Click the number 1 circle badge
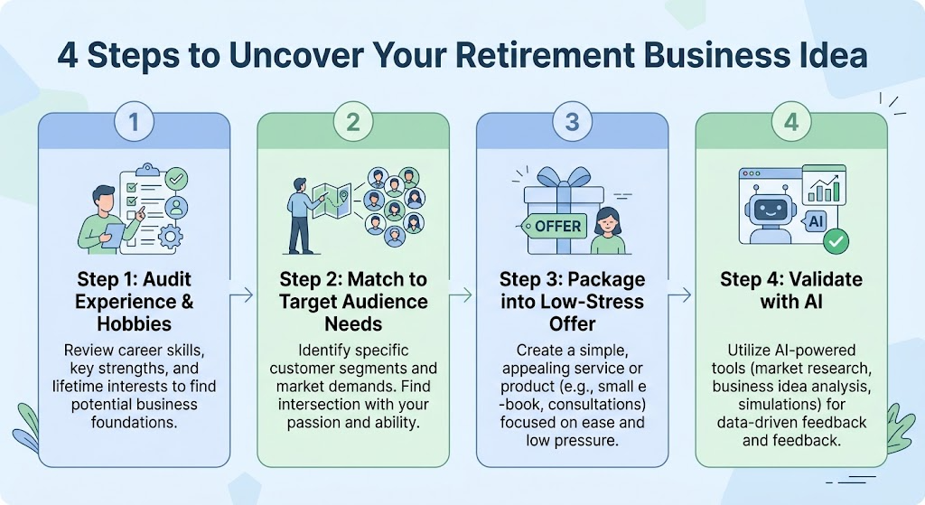coord(134,122)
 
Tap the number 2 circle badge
coord(353,122)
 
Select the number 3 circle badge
coord(572,122)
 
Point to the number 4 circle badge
coord(791,122)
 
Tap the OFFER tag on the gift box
coord(554,226)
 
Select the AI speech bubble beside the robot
coord(815,222)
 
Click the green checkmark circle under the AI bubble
coord(836,241)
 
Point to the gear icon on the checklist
coord(171,238)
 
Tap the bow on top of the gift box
coord(564,177)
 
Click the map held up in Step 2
coord(332,201)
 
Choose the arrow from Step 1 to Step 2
coord(241,295)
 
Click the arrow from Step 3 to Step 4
coord(679,295)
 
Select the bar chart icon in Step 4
coord(826,184)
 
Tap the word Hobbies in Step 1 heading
coord(135,324)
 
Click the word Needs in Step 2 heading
coord(353,324)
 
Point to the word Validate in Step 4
coord(826,279)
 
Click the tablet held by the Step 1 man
coord(113,236)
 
